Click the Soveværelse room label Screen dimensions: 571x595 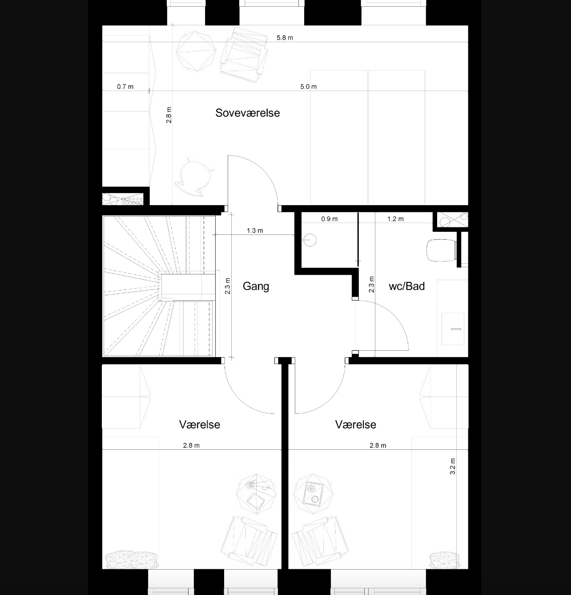coord(247,113)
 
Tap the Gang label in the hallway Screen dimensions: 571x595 coord(256,286)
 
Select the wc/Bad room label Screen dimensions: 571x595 coord(406,286)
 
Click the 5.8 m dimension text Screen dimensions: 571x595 coord(285,38)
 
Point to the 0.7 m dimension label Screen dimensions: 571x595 coord(125,87)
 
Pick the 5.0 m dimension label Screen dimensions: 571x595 coord(308,87)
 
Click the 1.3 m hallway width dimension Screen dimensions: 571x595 coord(255,230)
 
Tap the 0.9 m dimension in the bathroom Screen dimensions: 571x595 coord(329,219)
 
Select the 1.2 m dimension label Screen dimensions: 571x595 coord(395,219)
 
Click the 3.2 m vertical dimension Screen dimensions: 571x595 coord(453,466)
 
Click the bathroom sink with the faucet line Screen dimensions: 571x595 coord(453,329)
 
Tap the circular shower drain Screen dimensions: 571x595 coord(310,240)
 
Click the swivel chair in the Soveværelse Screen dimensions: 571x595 coord(194,177)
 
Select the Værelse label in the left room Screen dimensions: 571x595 coord(199,424)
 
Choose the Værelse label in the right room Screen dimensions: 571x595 coord(355,424)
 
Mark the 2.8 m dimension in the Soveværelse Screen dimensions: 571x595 coord(169,115)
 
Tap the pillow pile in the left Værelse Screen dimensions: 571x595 coord(132,559)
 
